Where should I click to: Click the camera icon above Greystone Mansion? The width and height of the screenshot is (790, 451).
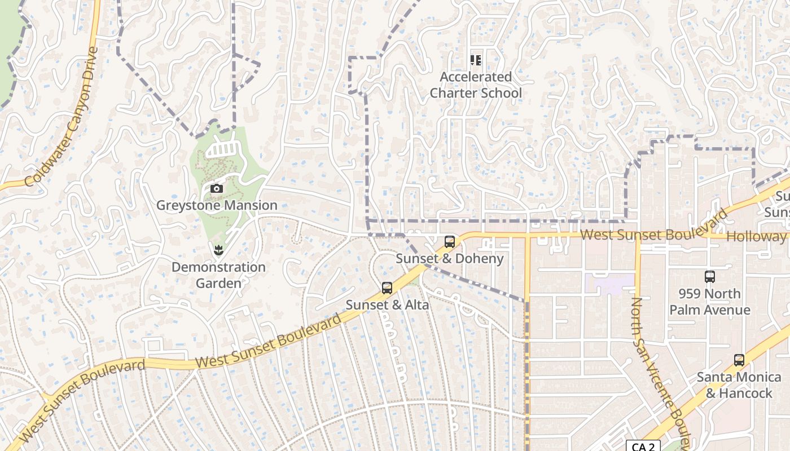coord(217,189)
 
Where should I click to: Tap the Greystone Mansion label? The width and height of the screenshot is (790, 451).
coord(217,205)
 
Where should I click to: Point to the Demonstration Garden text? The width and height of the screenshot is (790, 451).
coord(218,275)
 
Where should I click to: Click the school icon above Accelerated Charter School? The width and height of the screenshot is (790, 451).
coord(476,60)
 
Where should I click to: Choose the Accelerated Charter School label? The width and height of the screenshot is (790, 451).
coord(476,85)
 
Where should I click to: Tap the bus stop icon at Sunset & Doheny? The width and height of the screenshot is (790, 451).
coord(450,242)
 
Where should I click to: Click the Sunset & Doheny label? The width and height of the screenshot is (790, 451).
coord(450,258)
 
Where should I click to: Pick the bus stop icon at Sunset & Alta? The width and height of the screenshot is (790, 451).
coord(387,288)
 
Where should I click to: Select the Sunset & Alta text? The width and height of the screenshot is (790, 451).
coord(387,304)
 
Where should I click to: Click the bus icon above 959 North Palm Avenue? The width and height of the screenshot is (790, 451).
coord(710,277)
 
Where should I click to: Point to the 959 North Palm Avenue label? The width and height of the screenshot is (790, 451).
coord(710,302)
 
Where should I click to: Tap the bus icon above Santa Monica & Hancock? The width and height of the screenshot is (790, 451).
coord(739,360)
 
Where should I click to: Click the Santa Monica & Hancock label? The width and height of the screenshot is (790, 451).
coord(739,384)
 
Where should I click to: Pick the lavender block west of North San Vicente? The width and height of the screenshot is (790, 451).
coord(609,284)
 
